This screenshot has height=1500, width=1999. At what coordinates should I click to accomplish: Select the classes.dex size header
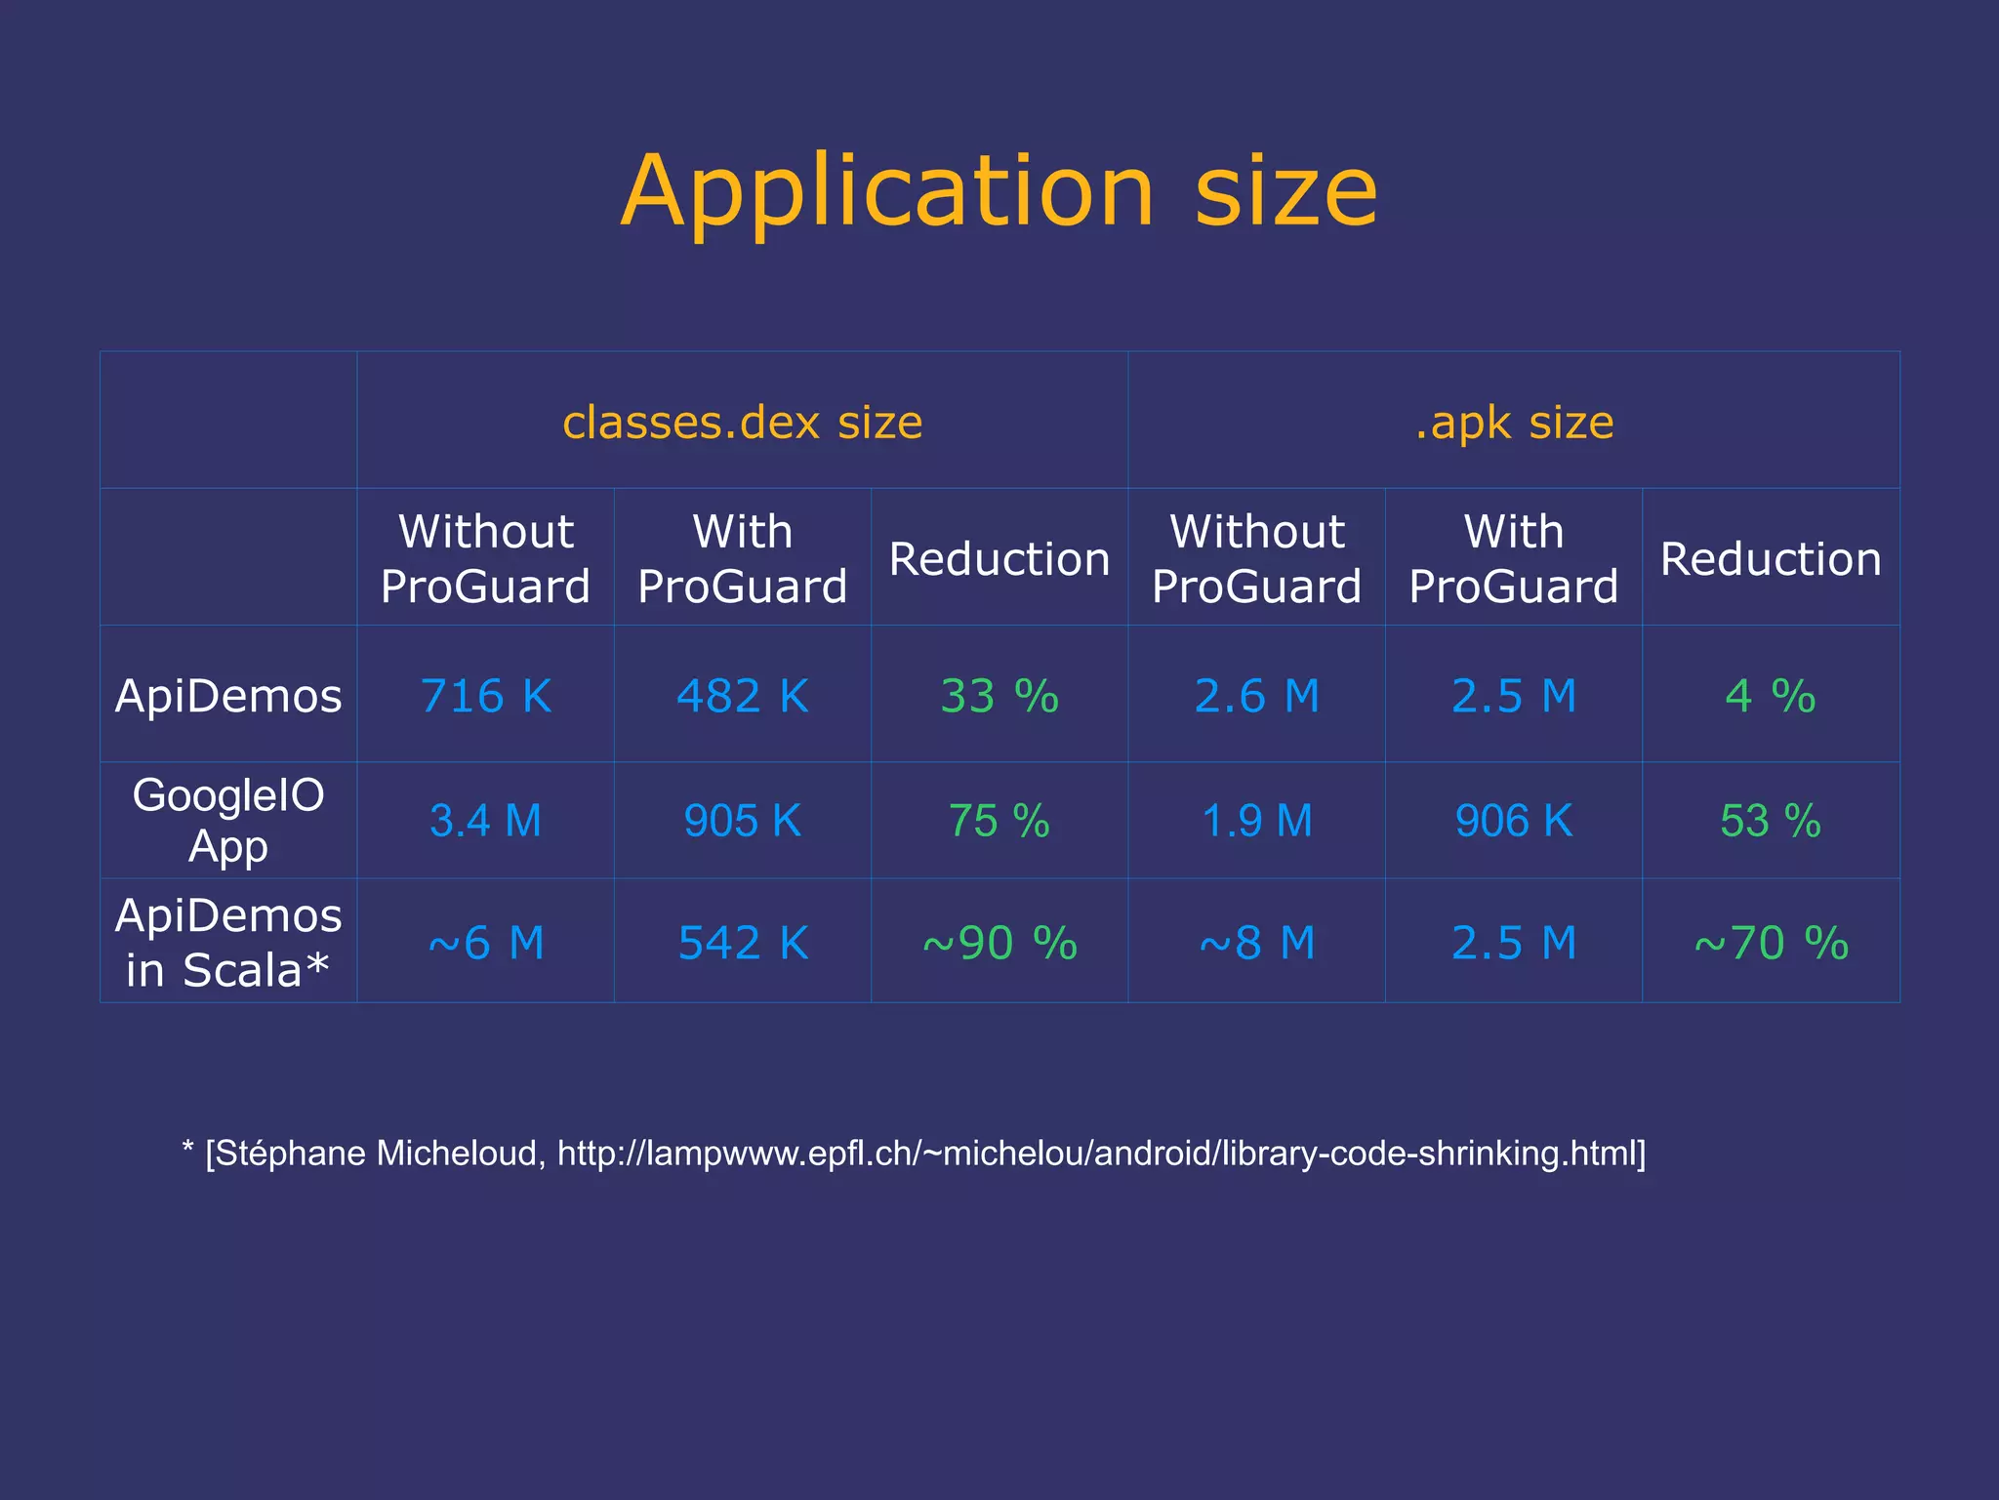[742, 422]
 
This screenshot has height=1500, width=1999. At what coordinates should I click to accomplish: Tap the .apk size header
[1514, 422]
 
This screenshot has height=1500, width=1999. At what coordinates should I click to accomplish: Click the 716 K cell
[485, 696]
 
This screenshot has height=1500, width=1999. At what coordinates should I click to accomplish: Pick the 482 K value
[742, 696]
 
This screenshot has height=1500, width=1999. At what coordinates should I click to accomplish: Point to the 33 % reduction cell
[999, 696]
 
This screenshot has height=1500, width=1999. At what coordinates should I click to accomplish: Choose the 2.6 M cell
[1256, 696]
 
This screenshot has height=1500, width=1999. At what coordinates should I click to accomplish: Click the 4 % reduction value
[1770, 696]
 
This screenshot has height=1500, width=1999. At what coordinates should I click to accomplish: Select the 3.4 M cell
[485, 821]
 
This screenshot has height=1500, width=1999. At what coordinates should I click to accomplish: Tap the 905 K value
[742, 821]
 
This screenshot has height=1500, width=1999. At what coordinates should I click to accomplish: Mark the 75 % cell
[999, 821]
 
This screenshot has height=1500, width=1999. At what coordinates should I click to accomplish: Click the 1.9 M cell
[1256, 821]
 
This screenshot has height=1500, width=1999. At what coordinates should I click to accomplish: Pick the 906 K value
[1513, 821]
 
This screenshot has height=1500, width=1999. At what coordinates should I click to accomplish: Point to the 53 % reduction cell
[1770, 821]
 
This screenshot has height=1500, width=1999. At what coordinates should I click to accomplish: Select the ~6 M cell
[485, 943]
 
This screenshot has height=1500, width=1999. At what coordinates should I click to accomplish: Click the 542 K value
[742, 943]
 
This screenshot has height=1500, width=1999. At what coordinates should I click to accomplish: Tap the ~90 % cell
[999, 943]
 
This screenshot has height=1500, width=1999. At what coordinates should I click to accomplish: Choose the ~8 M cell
[1256, 943]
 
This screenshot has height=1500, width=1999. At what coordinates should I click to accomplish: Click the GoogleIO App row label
[228, 820]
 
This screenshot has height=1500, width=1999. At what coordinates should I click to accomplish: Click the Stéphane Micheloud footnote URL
[1098, 1154]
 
